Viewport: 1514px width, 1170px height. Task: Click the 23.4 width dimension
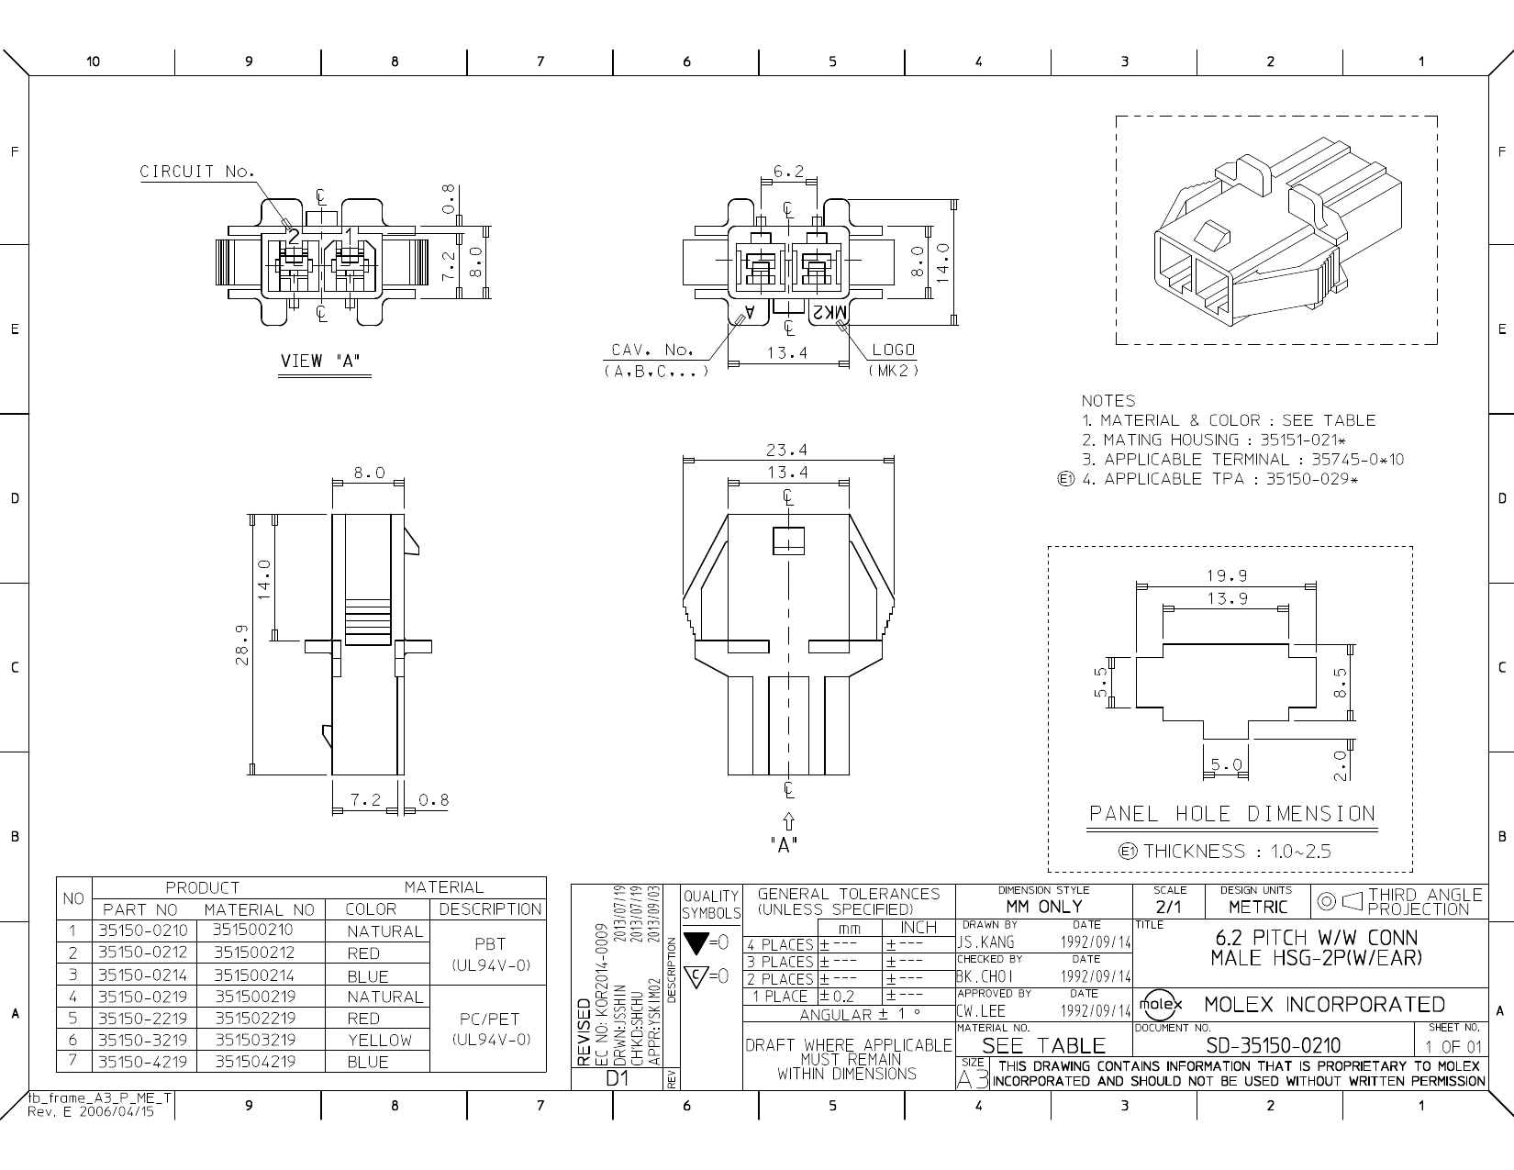787,450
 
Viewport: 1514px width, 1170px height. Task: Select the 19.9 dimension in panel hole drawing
1226,576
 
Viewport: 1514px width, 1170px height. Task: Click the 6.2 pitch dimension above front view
787,172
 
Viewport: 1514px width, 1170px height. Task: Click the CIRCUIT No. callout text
196,172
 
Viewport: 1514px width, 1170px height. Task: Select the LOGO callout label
893,351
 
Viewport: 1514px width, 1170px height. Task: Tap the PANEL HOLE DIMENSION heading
1231,814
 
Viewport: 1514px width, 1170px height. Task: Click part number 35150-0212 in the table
142,953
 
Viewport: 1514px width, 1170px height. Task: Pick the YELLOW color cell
380,1040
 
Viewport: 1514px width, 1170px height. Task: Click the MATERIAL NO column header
259,909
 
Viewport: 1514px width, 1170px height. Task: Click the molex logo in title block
1161,1004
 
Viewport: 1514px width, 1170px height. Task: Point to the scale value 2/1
1169,907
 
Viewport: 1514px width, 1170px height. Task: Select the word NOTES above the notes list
1108,401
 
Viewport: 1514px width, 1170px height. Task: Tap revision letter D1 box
616,1079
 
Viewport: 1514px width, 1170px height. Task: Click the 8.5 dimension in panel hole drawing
1341,682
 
